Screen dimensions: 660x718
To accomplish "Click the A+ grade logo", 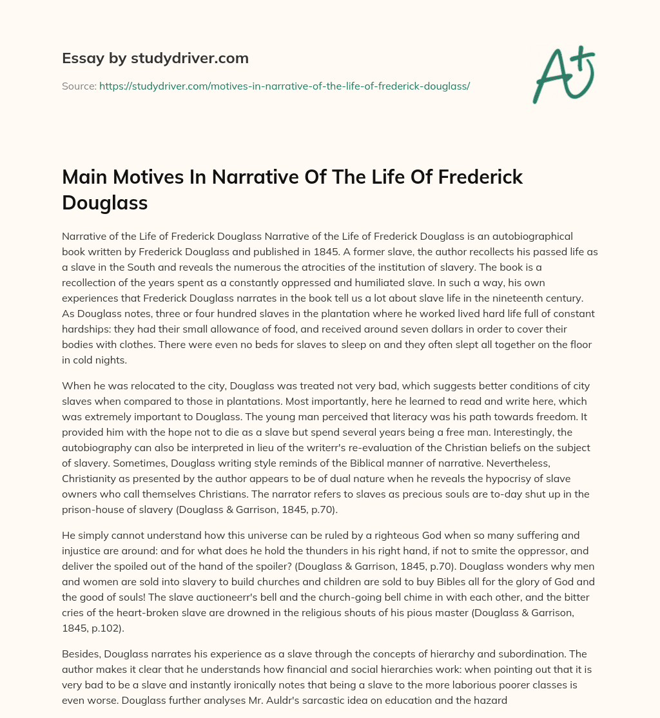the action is (x=563, y=74).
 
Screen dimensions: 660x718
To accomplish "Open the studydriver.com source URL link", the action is (x=284, y=86).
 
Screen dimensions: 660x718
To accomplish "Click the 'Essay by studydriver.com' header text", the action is (x=155, y=59).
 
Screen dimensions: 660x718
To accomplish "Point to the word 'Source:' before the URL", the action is (x=79, y=86).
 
